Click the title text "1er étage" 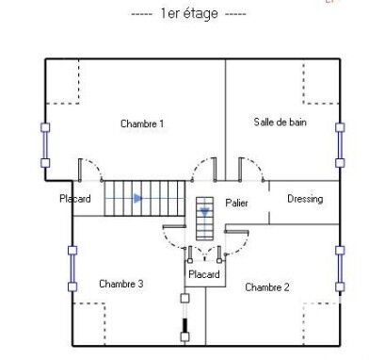click(x=189, y=13)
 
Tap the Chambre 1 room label click(x=142, y=123)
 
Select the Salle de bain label click(x=280, y=122)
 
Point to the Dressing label click(x=305, y=199)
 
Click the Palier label click(x=236, y=203)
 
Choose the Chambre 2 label click(x=267, y=287)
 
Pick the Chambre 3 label click(x=121, y=284)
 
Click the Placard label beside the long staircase click(x=75, y=199)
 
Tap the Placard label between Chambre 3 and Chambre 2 click(x=204, y=274)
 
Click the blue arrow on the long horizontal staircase click(x=138, y=198)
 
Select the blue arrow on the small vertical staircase click(x=205, y=213)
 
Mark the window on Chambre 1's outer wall click(x=45, y=145)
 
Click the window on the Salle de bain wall click(x=340, y=145)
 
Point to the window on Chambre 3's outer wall click(x=72, y=269)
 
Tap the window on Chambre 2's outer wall click(x=340, y=269)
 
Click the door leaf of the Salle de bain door click(x=240, y=170)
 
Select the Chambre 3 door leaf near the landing click(x=174, y=226)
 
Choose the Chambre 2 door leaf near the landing click(x=236, y=232)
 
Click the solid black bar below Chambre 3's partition click(x=185, y=325)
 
